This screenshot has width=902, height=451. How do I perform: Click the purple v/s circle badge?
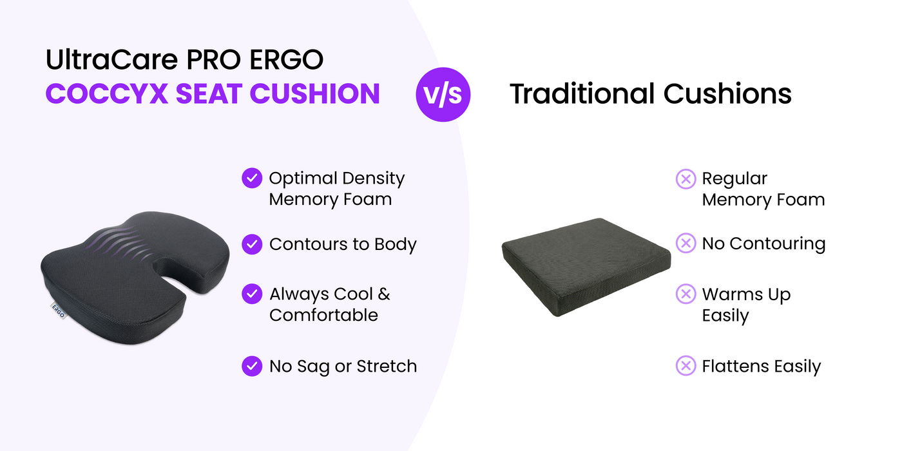tap(443, 95)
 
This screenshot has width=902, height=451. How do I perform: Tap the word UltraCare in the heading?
tap(112, 59)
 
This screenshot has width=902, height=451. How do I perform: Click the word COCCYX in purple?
tap(107, 93)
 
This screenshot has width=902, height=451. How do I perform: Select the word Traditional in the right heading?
tap(582, 94)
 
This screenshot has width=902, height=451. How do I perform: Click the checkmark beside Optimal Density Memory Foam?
tap(252, 178)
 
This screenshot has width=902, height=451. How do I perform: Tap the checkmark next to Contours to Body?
tap(252, 244)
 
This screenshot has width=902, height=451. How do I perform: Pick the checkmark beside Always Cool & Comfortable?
tap(252, 294)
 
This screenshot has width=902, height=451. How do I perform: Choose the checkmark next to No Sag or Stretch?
tap(252, 366)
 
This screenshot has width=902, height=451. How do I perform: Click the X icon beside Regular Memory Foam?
tap(686, 179)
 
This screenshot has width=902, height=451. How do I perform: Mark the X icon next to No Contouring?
tap(686, 244)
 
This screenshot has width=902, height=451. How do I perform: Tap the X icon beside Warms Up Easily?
tap(686, 294)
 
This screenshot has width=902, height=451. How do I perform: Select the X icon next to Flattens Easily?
tap(686, 366)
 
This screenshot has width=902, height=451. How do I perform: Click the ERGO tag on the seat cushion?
tap(59, 311)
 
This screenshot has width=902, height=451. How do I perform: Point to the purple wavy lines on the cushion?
tap(117, 244)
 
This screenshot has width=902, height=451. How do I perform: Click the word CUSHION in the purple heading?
tap(315, 93)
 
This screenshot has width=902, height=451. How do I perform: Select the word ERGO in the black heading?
tap(286, 59)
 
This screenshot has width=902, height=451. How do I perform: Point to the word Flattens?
tap(736, 366)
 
